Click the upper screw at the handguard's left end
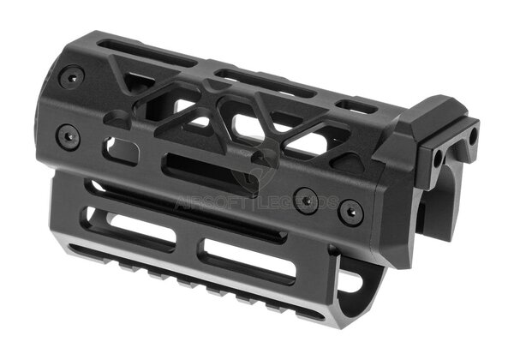(71, 77)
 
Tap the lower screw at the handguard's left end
(68, 135)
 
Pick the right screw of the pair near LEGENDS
(349, 210)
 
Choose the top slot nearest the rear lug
(355, 106)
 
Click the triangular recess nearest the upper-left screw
(137, 84)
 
